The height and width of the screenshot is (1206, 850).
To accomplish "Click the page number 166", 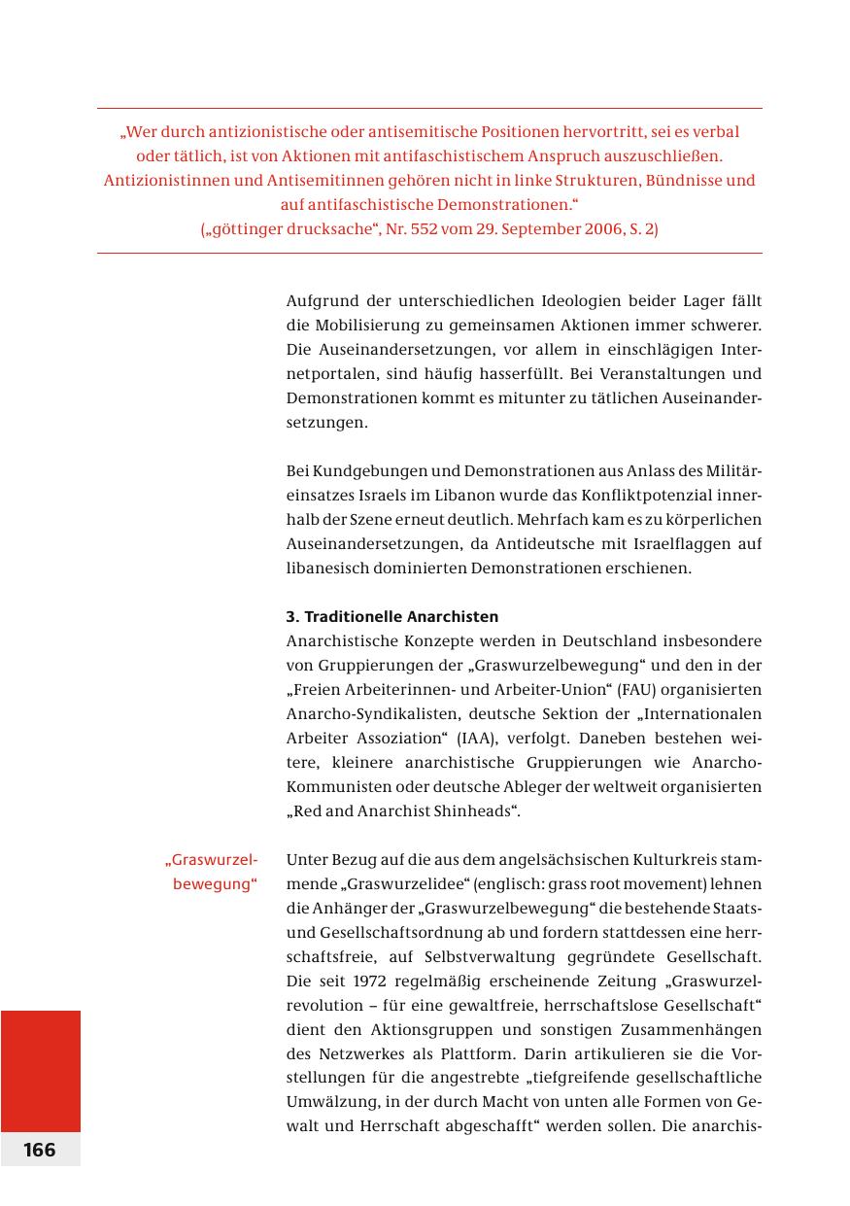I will pos(40,1150).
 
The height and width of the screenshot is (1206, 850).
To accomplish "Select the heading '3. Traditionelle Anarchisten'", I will pos(391,617).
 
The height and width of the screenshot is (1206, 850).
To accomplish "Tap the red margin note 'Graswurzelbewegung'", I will pos(212,873).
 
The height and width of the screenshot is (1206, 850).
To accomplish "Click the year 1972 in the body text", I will pos(370,981).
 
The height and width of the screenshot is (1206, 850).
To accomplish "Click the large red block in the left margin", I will pos(40,1070).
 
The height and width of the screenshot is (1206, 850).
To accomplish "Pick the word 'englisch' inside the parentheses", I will pos(492,884).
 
